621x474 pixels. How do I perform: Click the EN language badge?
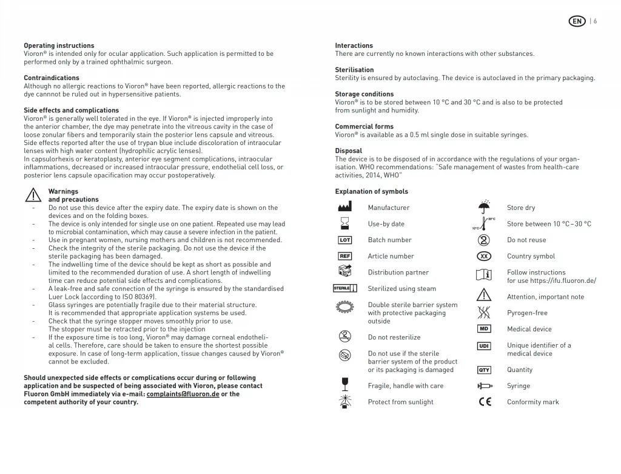[577, 21]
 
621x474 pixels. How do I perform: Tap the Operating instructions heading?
[59, 46]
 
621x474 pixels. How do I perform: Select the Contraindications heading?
[52, 78]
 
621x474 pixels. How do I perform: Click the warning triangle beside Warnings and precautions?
[33, 195]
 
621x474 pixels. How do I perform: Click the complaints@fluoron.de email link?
[183, 394]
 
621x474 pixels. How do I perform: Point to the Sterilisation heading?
[354, 70]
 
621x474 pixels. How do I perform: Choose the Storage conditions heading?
[364, 94]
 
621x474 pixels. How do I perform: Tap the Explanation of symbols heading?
[371, 192]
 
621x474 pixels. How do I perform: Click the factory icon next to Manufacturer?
[344, 208]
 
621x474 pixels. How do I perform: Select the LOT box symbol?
[344, 240]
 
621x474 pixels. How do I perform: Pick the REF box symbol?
[344, 256]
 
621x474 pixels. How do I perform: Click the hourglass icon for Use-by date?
[344, 224]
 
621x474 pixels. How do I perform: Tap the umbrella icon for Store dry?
[484, 208]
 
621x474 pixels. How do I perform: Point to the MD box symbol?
[484, 329]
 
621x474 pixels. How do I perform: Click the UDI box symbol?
[484, 346]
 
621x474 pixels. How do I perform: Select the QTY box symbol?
[484, 370]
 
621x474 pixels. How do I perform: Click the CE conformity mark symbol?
[485, 402]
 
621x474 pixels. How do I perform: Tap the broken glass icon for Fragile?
[344, 384]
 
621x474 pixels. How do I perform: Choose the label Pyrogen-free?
[527, 313]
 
